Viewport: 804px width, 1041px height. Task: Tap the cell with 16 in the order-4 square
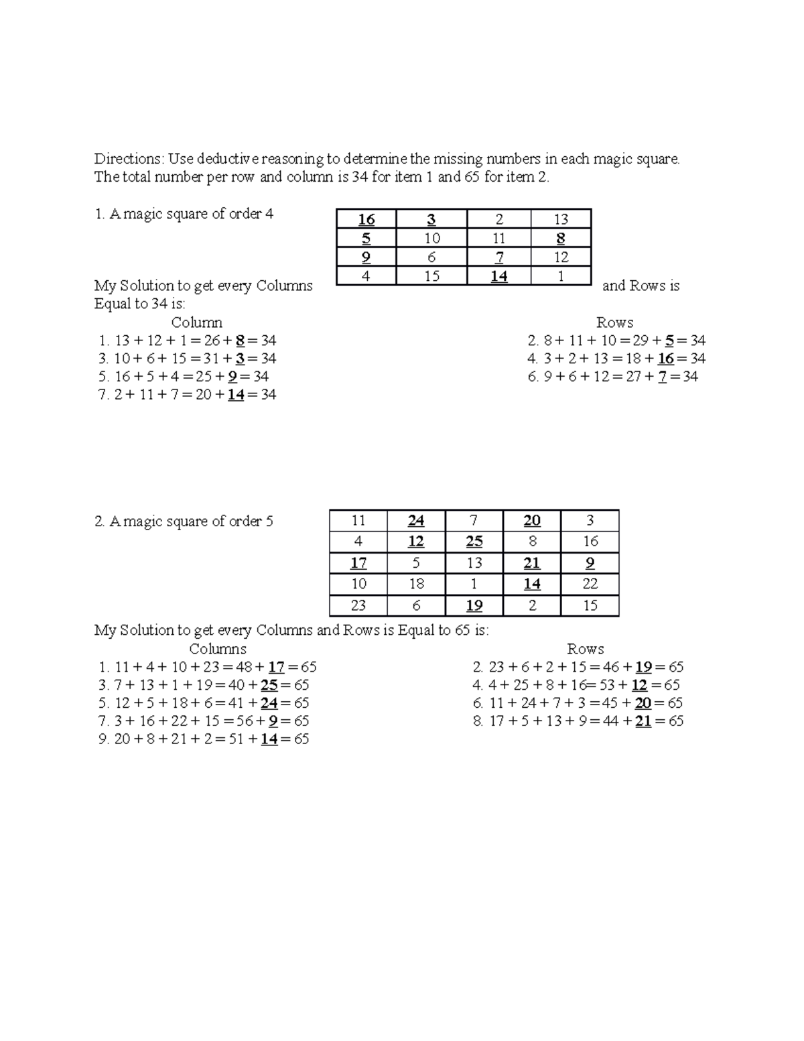366,219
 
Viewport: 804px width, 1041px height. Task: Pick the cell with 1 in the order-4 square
561,276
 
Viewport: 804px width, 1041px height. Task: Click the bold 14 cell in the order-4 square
498,276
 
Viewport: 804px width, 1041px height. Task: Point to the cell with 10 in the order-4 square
431,239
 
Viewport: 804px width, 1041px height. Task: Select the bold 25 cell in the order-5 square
474,542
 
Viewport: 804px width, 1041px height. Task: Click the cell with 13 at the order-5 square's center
474,563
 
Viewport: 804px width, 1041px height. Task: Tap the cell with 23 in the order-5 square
358,605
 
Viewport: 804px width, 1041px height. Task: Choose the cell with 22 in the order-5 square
590,584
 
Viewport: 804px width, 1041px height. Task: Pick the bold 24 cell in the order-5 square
416,521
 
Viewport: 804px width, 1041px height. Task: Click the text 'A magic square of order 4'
190,215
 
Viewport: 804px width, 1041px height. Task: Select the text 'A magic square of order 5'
190,522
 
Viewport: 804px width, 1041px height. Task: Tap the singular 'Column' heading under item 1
196,322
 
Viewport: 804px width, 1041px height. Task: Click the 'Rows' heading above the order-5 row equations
585,649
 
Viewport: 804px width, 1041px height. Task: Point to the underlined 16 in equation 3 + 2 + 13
666,359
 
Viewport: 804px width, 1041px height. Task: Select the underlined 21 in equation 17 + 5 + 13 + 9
643,721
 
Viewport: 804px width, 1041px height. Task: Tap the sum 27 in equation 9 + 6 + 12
631,377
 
